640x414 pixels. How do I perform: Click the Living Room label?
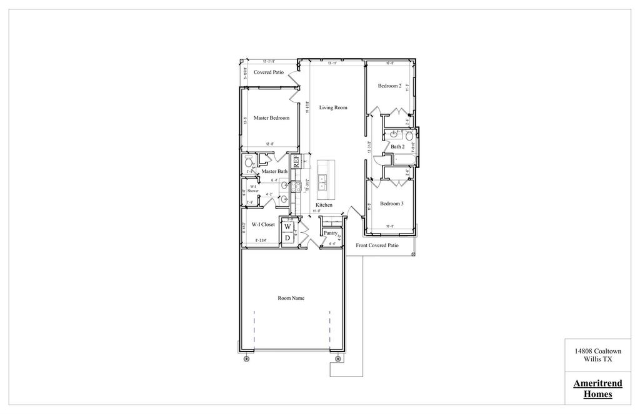click(x=333, y=107)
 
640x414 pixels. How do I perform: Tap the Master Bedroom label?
click(x=271, y=118)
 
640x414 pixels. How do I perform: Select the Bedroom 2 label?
click(x=389, y=86)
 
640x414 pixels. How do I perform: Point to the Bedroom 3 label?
click(x=391, y=204)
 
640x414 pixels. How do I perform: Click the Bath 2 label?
click(x=398, y=147)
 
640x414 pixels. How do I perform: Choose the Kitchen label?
click(x=324, y=205)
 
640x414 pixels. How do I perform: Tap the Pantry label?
click(x=331, y=232)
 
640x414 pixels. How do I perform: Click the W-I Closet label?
click(x=263, y=224)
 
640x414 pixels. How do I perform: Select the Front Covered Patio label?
click(x=377, y=245)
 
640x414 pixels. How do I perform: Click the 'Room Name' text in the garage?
click(x=291, y=298)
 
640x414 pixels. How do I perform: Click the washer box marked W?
click(x=287, y=227)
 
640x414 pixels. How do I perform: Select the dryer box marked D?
click(x=287, y=238)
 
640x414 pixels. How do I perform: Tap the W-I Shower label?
click(x=252, y=189)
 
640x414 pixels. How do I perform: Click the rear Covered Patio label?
click(x=269, y=72)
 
